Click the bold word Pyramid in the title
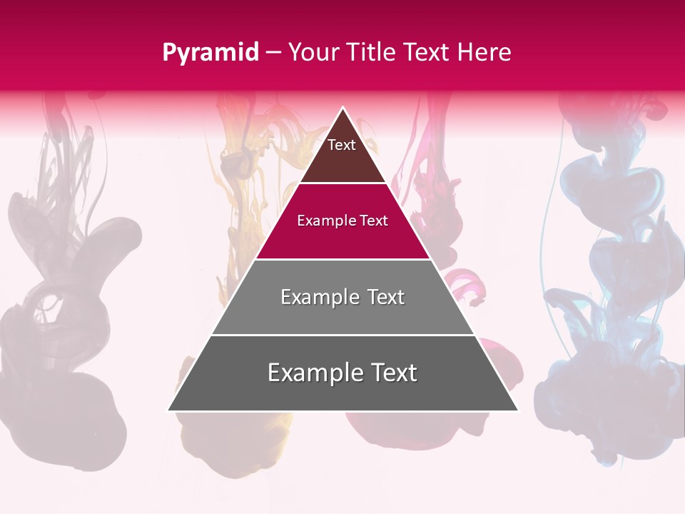[x=210, y=52]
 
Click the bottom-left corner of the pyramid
[x=169, y=410]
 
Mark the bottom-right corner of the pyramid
[x=517, y=410]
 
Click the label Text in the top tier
[x=342, y=145]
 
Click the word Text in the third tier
[x=386, y=297]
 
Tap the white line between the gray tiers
[x=342, y=335]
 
